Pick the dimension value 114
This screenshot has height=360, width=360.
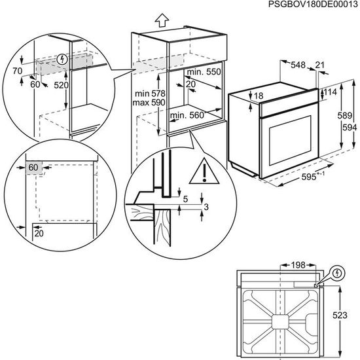tap(331, 93)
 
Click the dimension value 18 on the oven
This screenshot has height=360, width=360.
tap(259, 96)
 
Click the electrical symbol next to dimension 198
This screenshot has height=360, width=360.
tap(338, 272)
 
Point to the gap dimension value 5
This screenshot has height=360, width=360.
tap(186, 198)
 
